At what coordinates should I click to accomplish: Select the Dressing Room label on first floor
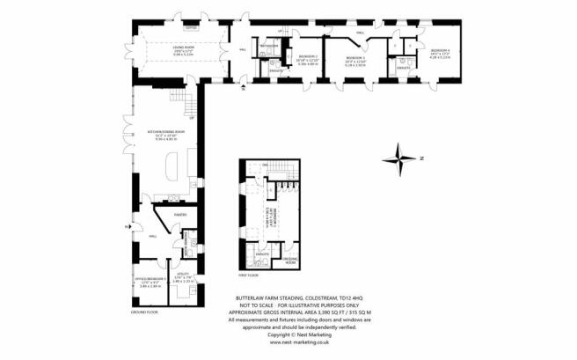[x=288, y=261]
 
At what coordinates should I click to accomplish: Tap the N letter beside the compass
[x=421, y=159]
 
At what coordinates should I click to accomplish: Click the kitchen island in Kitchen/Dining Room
[x=171, y=166]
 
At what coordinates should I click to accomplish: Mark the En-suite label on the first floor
[x=262, y=252]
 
